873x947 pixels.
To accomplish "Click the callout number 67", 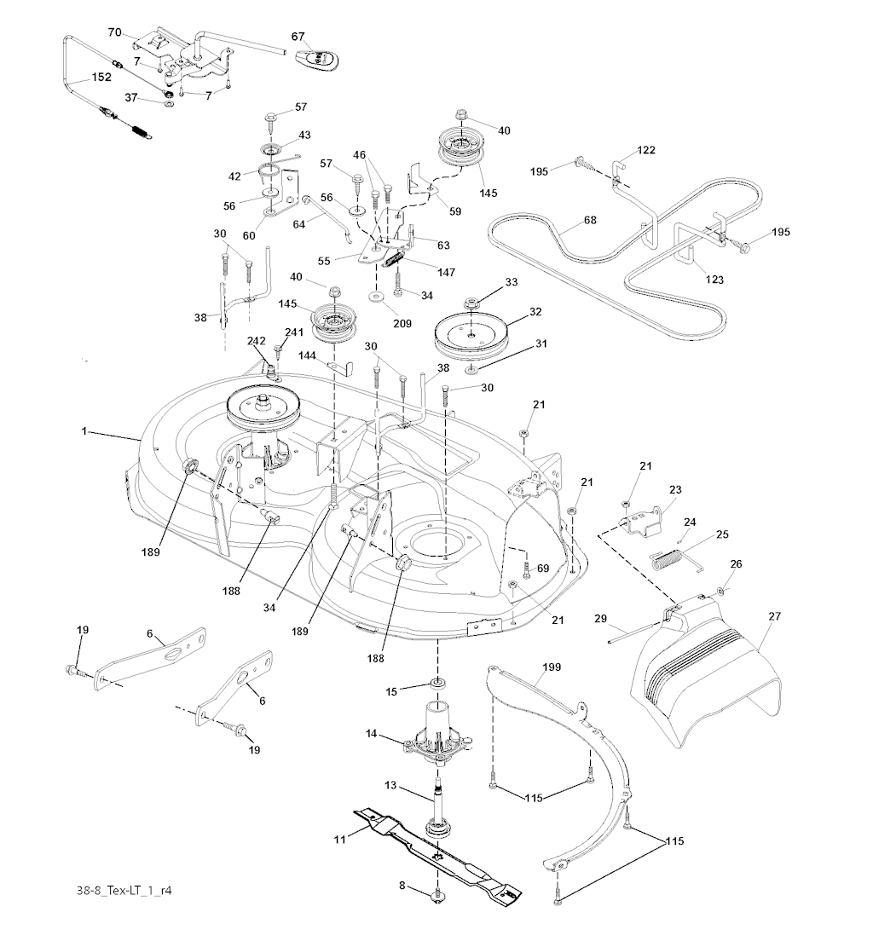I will [x=298, y=36].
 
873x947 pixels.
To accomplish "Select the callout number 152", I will [x=101, y=77].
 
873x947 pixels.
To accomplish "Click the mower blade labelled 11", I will [x=436, y=852].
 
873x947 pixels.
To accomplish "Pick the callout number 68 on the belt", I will [x=590, y=220].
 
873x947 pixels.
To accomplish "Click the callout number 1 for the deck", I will [x=84, y=432].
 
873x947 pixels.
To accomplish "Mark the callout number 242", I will [x=257, y=340].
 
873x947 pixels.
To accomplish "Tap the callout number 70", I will [x=114, y=32].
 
